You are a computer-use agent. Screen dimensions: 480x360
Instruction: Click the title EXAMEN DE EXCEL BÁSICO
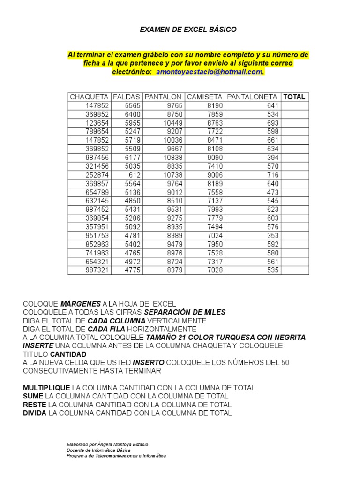188,30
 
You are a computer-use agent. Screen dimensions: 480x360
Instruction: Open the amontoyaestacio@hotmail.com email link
209,72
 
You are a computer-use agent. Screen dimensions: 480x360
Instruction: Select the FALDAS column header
127,97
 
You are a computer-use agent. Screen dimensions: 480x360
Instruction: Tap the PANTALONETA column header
252,97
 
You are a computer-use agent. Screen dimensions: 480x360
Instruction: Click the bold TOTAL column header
295,97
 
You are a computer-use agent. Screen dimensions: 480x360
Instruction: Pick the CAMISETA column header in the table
205,97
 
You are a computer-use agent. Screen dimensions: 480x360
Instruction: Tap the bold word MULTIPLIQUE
46,388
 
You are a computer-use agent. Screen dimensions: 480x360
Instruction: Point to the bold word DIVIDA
35,413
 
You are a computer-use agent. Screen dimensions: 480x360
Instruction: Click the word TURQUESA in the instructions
229,337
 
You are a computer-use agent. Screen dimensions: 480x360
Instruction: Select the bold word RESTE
35,405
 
